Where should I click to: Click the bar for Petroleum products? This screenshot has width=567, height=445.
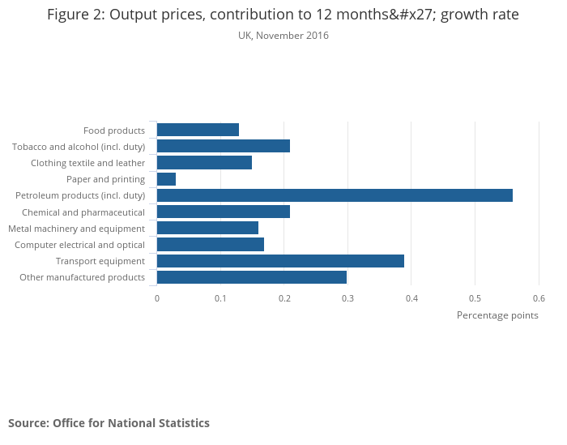click(x=335, y=195)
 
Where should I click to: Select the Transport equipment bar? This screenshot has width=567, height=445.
click(x=280, y=261)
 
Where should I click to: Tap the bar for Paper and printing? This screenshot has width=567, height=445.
click(x=166, y=179)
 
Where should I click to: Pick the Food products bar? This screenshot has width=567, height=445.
click(x=198, y=130)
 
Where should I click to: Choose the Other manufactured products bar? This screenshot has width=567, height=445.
click(x=252, y=277)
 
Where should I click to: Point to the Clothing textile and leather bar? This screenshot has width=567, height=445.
click(x=204, y=163)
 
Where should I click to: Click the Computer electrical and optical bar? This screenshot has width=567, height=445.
click(x=211, y=245)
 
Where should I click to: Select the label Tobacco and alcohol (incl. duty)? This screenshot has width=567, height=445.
click(x=79, y=147)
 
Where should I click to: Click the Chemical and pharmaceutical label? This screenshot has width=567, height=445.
click(x=83, y=212)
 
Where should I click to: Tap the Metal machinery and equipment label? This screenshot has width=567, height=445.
click(x=77, y=229)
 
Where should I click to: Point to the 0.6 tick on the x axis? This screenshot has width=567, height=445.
click(x=539, y=297)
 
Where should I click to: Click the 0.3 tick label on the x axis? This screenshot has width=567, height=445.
click(x=347, y=297)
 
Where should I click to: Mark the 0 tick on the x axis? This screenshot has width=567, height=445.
click(x=157, y=297)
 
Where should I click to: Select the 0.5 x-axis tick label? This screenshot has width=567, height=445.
click(x=475, y=297)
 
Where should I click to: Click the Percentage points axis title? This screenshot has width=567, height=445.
click(x=497, y=315)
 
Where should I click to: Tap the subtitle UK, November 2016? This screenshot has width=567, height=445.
click(x=283, y=36)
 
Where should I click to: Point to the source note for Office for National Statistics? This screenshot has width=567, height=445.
click(x=109, y=423)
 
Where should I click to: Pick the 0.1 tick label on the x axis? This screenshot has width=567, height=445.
click(x=220, y=297)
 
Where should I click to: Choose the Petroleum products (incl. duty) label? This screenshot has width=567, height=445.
click(x=80, y=195)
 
